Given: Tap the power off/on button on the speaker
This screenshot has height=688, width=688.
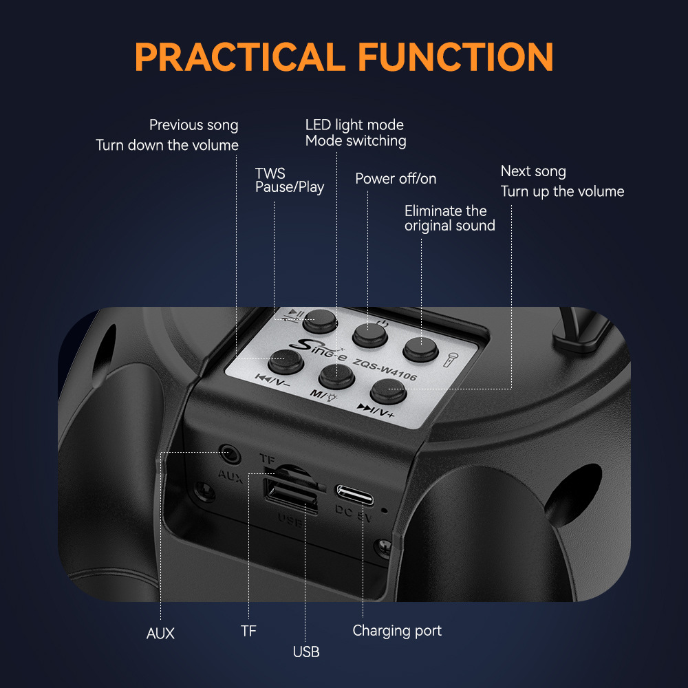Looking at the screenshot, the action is click(x=369, y=335).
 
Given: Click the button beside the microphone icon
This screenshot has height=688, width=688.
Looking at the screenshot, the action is click(x=420, y=349).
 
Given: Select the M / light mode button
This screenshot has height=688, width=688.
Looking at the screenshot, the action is click(x=336, y=376).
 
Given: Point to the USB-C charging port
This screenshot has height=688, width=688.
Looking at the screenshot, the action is click(x=355, y=495).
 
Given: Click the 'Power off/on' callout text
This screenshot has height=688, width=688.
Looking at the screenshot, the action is click(x=396, y=179).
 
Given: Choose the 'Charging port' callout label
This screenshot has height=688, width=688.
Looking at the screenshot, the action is click(x=397, y=630).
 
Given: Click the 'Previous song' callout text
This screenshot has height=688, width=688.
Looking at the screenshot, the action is click(x=193, y=125).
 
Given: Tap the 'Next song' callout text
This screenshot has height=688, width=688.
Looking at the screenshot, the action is click(x=533, y=171).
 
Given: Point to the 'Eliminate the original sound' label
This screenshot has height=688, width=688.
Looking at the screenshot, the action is click(x=449, y=218).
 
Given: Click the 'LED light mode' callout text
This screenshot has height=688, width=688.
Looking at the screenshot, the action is click(x=354, y=125).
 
